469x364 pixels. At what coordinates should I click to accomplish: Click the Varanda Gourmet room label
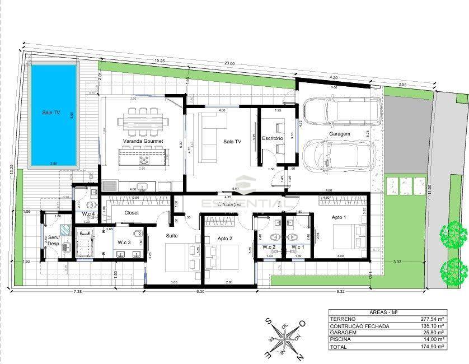point(143,141)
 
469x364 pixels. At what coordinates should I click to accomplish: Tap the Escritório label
point(273,138)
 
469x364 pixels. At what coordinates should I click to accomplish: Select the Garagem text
point(339,134)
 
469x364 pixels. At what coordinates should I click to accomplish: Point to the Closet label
point(131,213)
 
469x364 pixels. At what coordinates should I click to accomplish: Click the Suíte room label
point(172,236)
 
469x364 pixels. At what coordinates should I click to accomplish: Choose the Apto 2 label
point(226,238)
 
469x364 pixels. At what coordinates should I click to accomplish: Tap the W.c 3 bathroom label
point(124,242)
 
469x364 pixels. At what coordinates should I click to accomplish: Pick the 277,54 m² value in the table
point(432,318)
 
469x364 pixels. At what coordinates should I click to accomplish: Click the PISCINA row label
point(343,339)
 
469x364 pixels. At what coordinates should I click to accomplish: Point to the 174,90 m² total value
point(432,347)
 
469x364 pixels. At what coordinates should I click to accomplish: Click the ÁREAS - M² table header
point(387,311)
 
